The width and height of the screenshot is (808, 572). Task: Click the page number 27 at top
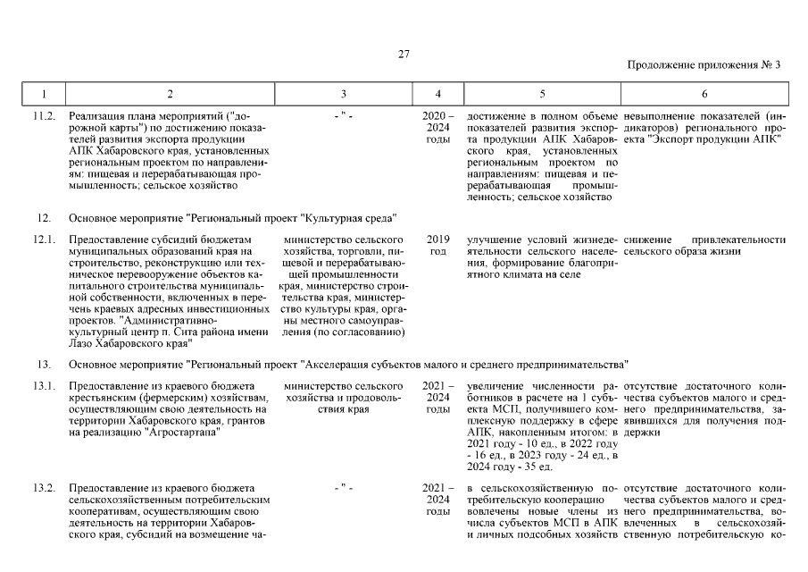404,55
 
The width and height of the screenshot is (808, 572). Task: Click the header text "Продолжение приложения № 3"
704,65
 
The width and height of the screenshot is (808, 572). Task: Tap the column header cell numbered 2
170,93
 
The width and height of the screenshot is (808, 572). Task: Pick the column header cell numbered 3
344,93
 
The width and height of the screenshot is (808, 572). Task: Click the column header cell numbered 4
437,93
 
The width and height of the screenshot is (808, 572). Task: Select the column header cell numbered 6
704,93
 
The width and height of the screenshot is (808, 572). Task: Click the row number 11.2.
45,116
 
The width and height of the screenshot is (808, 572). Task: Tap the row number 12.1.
45,240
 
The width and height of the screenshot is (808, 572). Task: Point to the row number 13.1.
45,385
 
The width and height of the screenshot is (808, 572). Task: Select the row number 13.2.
45,489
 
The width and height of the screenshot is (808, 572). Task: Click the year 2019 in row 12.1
437,240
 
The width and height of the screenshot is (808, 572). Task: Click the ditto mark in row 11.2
344,116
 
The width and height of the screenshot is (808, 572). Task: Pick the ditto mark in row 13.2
344,489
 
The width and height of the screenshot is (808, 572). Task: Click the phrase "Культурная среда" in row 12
349,218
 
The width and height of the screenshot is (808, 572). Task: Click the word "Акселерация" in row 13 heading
340,364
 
